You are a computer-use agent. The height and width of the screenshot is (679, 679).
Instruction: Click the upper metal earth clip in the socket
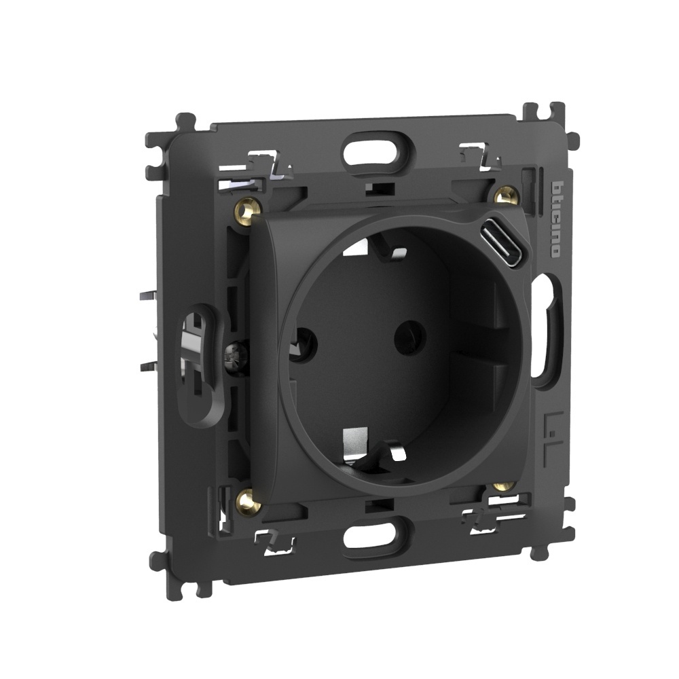[x=375, y=249]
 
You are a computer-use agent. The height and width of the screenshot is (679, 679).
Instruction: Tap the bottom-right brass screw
[x=502, y=486]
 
